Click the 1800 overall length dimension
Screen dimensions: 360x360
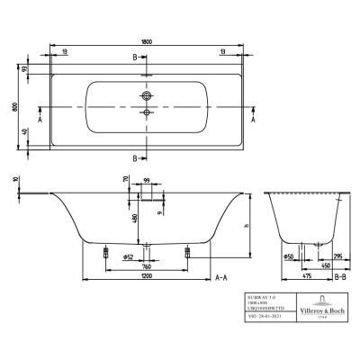point(145,40)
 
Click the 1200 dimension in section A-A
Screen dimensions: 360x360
point(144,278)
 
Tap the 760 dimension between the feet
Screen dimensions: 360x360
point(144,267)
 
